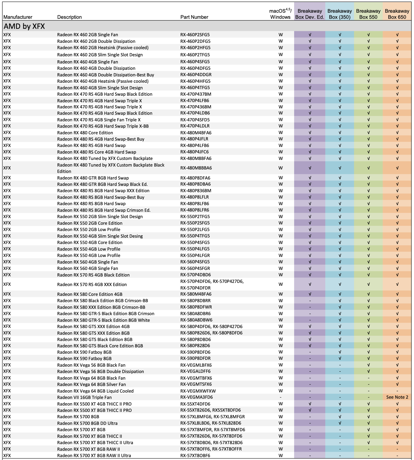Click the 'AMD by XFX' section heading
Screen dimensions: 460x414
(24, 26)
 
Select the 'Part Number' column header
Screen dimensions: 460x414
(194, 17)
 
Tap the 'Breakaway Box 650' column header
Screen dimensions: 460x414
(397, 14)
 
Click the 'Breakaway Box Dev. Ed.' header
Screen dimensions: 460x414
(309, 14)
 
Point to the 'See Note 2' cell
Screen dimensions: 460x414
(397, 397)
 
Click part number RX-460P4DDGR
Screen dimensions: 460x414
(196, 75)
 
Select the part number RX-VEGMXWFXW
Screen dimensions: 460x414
(198, 391)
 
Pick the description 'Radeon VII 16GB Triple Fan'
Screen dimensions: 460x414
(84, 397)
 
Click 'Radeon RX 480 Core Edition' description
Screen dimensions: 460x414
(85, 133)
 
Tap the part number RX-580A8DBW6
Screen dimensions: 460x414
(196, 320)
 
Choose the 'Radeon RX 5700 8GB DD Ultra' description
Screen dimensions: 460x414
(87, 423)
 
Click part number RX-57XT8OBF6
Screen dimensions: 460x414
(195, 456)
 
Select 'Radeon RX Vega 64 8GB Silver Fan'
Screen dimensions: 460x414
(91, 384)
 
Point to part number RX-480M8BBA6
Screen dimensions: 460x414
(196, 168)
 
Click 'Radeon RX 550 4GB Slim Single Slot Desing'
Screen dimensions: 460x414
(100, 236)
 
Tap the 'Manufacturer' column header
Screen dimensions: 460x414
(18, 17)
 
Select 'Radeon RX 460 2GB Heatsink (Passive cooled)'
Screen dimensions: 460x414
(103, 48)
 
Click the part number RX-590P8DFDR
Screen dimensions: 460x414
(195, 358)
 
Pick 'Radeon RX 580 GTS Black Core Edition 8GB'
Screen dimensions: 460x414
(100, 346)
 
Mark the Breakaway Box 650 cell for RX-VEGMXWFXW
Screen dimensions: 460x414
(397, 391)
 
